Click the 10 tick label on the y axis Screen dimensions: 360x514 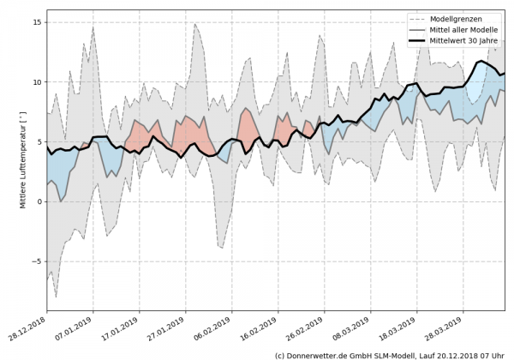click(37, 82)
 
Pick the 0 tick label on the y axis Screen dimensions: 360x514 click(39, 202)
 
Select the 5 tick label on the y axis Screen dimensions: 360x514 click(39, 142)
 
